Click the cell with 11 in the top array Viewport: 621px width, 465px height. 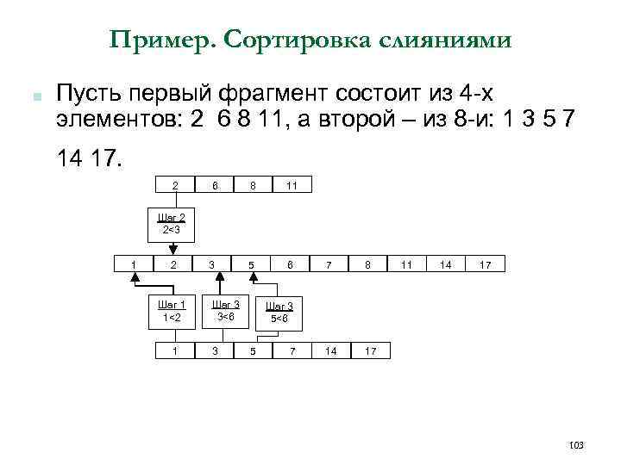292,185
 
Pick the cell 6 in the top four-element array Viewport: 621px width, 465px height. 215,185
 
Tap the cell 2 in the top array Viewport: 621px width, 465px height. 175,185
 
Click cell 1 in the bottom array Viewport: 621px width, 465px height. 175,351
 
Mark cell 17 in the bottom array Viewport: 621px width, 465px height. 369,351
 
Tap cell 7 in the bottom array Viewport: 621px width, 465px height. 292,351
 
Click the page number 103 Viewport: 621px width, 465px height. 577,444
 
